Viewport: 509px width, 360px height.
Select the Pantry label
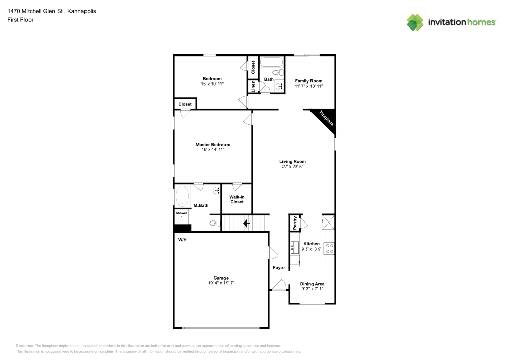point(295,223)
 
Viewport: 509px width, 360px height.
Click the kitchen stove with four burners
point(330,248)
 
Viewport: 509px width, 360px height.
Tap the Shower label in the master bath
point(182,213)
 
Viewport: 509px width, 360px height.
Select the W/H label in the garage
point(182,239)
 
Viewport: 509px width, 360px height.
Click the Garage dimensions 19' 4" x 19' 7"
point(221,283)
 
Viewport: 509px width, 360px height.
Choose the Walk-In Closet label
point(237,199)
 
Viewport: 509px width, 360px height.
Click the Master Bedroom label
point(213,145)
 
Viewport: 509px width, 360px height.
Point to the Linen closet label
point(252,87)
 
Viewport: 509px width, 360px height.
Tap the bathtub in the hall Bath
point(270,63)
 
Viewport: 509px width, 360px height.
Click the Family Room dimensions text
point(309,87)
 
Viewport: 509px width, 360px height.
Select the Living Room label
point(293,162)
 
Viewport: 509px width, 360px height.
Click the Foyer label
point(279,268)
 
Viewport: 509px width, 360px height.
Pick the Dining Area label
point(312,284)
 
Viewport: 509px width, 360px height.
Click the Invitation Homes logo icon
point(415,22)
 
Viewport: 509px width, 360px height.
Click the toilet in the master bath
point(214,223)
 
